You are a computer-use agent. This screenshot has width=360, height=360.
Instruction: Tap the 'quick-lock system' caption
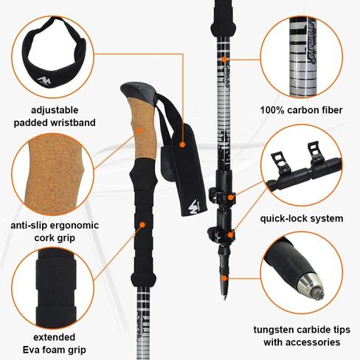pos(301,218)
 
